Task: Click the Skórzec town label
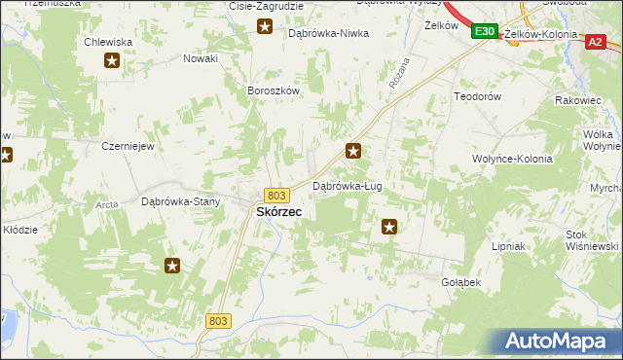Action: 278,211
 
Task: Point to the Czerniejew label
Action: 128,145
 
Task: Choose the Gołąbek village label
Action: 461,281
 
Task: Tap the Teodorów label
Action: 477,97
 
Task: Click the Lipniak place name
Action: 509,247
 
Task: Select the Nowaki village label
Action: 201,58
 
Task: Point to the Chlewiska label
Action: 108,42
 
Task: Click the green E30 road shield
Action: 486,33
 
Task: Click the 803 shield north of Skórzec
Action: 276,196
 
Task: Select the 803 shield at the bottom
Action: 219,320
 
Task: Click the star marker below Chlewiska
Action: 112,62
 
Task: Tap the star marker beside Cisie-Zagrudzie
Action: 265,26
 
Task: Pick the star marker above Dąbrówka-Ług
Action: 354,151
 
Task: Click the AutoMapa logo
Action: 559,341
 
